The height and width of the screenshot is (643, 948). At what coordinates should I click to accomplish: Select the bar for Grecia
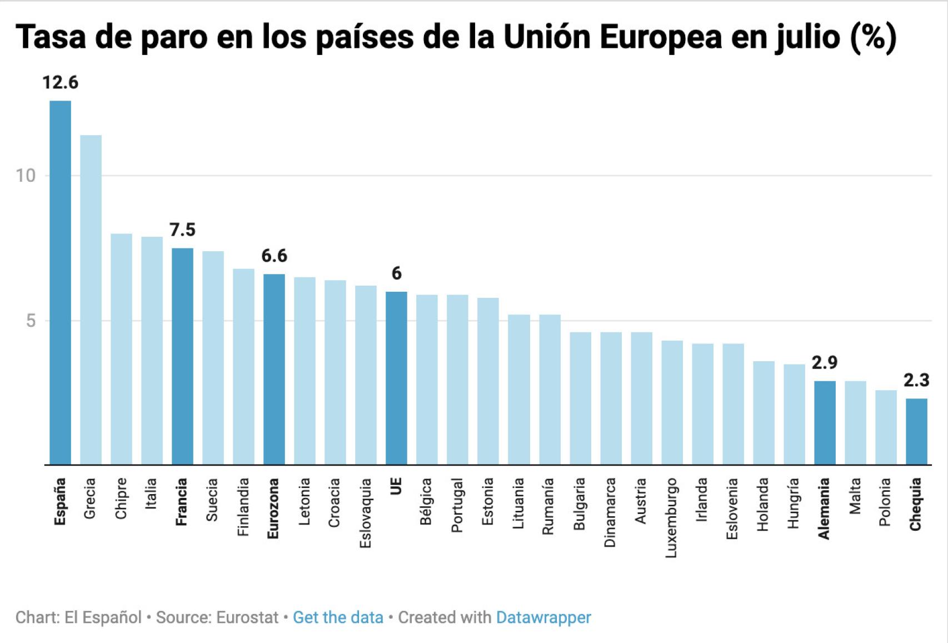pyautogui.click(x=91, y=300)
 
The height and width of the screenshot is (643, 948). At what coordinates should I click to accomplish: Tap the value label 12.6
pyautogui.click(x=60, y=83)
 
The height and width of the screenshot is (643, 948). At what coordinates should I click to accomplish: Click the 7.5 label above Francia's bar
pyautogui.click(x=182, y=230)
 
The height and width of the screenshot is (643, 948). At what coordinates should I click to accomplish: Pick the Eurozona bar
pyautogui.click(x=274, y=369)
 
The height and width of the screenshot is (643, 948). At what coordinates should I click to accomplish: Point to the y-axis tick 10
pyautogui.click(x=25, y=176)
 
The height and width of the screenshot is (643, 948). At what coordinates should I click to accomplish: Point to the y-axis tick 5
pyautogui.click(x=31, y=321)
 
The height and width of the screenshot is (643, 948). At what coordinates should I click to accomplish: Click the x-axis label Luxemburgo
pyautogui.click(x=671, y=517)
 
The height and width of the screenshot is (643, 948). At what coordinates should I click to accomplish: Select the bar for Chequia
pyautogui.click(x=916, y=431)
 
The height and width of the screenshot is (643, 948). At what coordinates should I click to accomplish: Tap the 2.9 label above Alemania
pyautogui.click(x=824, y=362)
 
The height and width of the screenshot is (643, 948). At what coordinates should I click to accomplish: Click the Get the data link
pyautogui.click(x=338, y=617)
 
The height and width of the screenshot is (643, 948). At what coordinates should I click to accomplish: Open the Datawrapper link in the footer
pyautogui.click(x=543, y=617)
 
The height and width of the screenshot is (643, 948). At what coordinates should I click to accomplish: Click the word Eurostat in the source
pyautogui.click(x=247, y=617)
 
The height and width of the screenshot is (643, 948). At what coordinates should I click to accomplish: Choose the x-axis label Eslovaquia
pyautogui.click(x=365, y=513)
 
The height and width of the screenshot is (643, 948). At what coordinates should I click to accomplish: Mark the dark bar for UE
pyautogui.click(x=396, y=378)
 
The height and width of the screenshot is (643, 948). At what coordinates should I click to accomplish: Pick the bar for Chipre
pyautogui.click(x=121, y=349)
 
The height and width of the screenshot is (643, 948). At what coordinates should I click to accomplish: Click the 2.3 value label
pyautogui.click(x=916, y=380)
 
